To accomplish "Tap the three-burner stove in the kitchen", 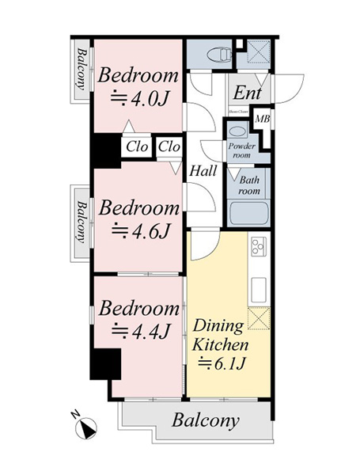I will tap(258, 246).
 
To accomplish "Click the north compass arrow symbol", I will tap(85, 427).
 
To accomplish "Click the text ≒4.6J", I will tap(139, 231).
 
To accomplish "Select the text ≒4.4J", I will tap(139, 330).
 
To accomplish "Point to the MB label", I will tap(263, 120).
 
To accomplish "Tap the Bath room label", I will tap(249, 185).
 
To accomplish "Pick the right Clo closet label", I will tap(169, 146).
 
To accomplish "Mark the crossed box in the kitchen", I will tap(260, 319).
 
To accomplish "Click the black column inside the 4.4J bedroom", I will tap(104, 365).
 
